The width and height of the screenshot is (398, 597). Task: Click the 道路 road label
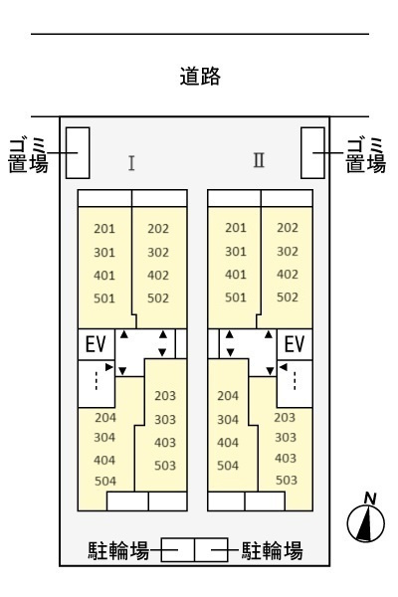tap(200, 77)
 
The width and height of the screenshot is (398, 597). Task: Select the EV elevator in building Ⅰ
tap(96, 344)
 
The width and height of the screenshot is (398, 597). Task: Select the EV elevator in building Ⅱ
tap(295, 344)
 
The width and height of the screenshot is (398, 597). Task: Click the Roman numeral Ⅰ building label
tap(131, 163)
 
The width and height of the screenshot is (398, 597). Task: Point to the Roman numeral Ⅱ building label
tap(259, 160)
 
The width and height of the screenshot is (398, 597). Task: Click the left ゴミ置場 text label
tap(28, 155)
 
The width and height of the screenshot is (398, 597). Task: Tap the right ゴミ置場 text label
tap(365, 155)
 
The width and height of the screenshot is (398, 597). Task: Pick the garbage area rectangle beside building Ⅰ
tap(78, 152)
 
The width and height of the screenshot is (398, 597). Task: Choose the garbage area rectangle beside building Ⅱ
tap(312, 152)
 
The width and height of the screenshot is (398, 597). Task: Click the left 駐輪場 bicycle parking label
tap(118, 550)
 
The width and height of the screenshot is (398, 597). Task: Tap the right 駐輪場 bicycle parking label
tap(273, 550)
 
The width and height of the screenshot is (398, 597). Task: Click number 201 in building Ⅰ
tap(104, 229)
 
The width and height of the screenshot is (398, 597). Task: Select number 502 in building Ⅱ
tap(288, 297)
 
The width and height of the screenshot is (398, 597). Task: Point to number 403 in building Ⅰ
tap(165, 443)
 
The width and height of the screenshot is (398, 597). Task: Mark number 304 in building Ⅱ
tap(228, 420)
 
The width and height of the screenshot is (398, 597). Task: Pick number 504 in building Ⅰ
tap(105, 482)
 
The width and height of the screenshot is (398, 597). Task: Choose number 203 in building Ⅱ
tap(285, 418)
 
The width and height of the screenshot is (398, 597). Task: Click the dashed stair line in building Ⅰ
tap(97, 380)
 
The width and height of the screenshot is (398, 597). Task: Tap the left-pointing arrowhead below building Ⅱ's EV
tap(283, 367)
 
